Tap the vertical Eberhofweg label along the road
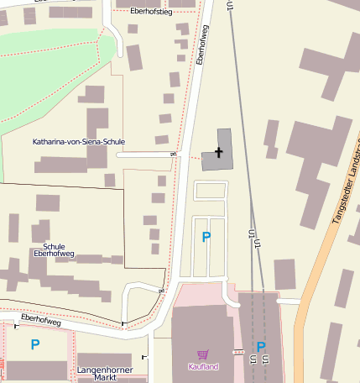coord(201,45)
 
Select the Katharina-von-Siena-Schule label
coord(78,142)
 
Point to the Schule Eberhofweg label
coord(54,249)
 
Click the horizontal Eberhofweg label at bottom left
coord(41,320)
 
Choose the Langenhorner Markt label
coord(96,374)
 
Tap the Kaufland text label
coord(202,367)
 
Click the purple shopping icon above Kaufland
coord(202,355)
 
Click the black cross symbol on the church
coord(220,152)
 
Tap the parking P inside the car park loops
coord(206,238)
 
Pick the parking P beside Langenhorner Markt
coord(35,344)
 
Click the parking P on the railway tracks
coord(260,347)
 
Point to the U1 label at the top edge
coord(227,7)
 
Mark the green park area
coord(42,71)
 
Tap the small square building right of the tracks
coord(284,274)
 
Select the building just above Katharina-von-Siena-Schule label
coord(97,122)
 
